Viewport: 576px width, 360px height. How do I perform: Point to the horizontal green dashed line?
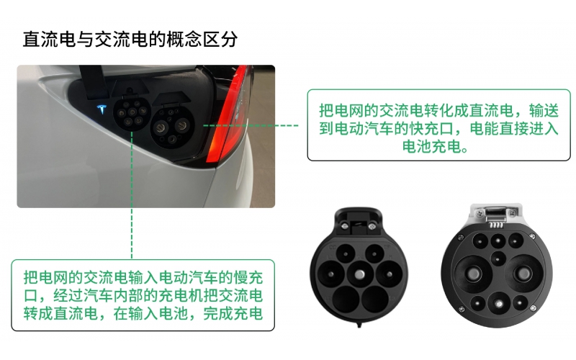(x=252, y=125)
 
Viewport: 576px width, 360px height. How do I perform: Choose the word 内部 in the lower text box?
(x=153, y=295)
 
